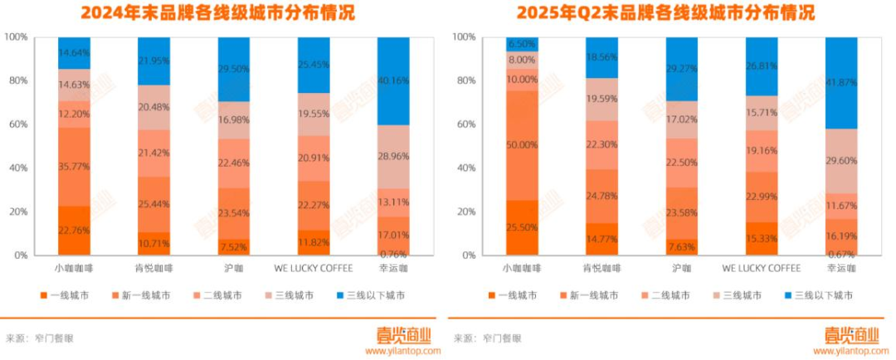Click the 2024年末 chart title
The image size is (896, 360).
point(217,13)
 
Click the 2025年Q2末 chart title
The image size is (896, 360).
point(666,13)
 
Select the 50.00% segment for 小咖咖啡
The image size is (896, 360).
point(522,145)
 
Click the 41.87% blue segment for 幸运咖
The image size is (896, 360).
point(842,83)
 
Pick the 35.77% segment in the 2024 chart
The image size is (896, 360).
point(74,167)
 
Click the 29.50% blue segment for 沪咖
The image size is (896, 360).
point(234,70)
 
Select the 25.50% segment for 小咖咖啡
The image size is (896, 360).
point(522,227)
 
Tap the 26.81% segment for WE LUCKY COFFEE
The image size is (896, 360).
point(761,66)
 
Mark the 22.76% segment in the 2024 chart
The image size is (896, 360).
point(74,230)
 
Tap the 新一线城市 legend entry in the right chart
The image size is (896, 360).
point(590,295)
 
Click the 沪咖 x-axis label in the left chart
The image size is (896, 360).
point(234,268)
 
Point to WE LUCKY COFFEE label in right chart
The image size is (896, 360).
point(761,268)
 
